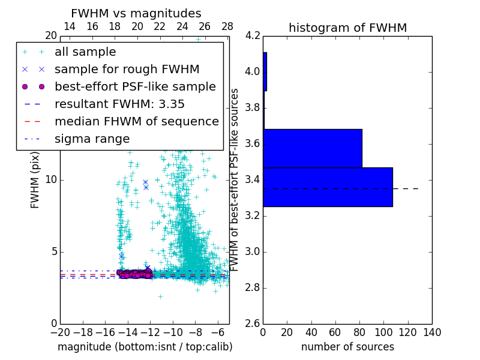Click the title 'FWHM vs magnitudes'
[136, 13]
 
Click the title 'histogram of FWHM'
[348, 28]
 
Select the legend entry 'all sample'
[85, 52]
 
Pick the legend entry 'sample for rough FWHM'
[127, 69]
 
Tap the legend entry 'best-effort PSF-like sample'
[135, 86]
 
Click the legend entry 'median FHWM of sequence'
[136, 121]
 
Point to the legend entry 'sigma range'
[92, 139]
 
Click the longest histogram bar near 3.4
[328, 187]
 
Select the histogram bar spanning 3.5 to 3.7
[313, 148]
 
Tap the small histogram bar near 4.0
[265, 71]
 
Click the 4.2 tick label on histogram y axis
[253, 36]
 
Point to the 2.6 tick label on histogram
[253, 324]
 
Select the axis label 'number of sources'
[347, 347]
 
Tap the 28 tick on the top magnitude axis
[227, 26]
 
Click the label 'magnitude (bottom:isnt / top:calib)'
[145, 347]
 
